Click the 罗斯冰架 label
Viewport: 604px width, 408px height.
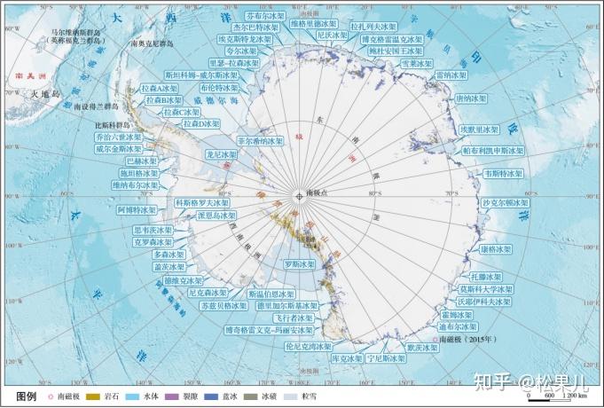tap(299, 264)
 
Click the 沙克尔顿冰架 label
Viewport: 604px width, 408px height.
tap(506, 203)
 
